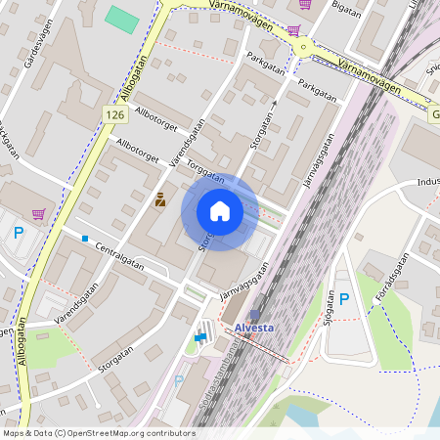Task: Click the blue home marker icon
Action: click(x=219, y=211)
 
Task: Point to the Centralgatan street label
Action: click(x=120, y=256)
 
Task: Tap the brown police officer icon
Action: click(x=159, y=198)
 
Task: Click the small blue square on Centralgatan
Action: click(x=85, y=239)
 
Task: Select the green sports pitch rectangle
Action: click(x=122, y=19)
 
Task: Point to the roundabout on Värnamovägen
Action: click(x=303, y=45)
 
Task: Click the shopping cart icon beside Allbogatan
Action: click(x=39, y=214)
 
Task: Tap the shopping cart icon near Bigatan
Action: click(x=305, y=5)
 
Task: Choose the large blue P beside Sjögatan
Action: click(x=343, y=298)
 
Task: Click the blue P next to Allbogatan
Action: click(x=19, y=233)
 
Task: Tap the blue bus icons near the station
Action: click(x=200, y=337)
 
